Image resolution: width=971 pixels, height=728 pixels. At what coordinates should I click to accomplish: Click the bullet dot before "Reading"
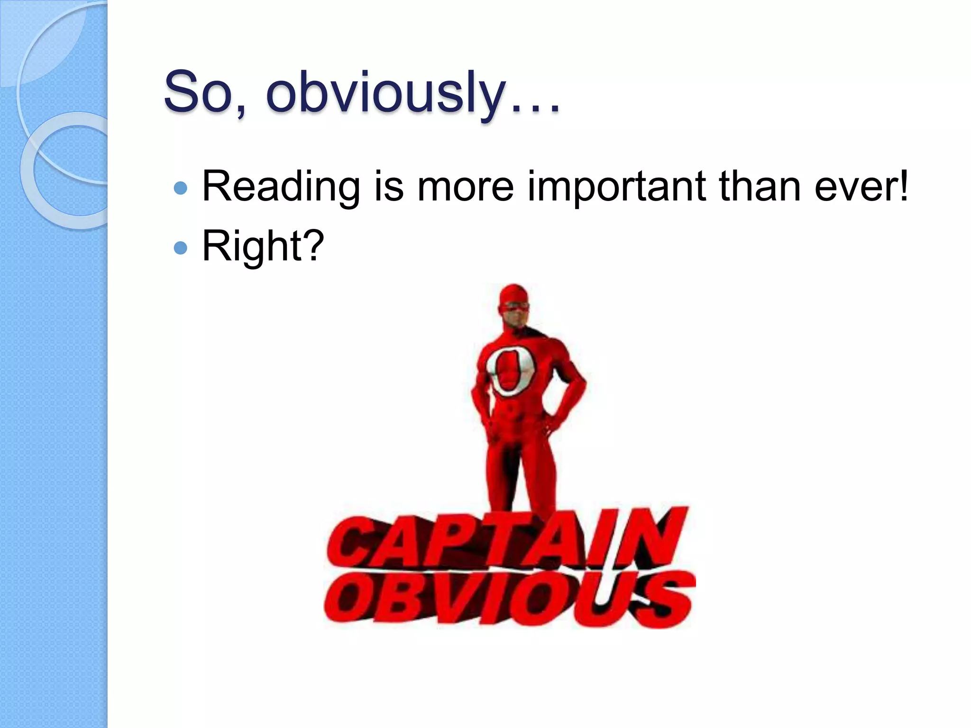point(181,189)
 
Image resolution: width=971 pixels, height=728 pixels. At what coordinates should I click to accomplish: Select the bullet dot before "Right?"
point(181,248)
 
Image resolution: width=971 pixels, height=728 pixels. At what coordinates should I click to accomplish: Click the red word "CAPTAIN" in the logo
point(507,540)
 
